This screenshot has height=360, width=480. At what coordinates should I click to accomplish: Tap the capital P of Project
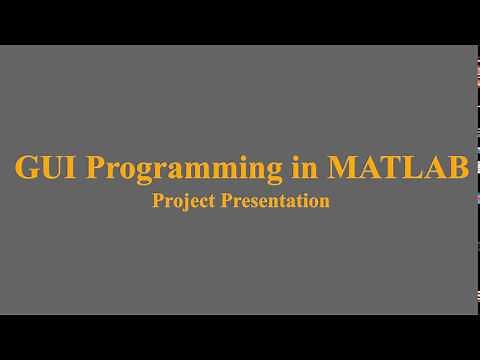point(158,200)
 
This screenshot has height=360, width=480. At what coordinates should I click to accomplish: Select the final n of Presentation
point(325,201)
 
